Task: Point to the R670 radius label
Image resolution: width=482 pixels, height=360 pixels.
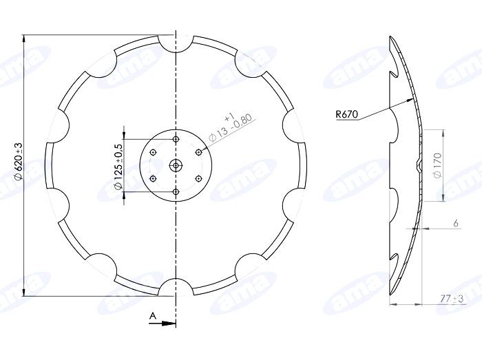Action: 346,115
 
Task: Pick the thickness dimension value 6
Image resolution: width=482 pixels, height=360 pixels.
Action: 456,223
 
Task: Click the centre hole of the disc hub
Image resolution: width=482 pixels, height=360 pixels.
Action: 176,165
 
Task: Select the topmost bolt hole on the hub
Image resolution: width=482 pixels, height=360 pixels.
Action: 176,140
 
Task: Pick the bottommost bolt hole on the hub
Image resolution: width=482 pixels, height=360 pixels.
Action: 176,191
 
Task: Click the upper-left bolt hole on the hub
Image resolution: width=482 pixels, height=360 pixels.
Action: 154,152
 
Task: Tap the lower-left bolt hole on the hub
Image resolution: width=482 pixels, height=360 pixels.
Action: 154,178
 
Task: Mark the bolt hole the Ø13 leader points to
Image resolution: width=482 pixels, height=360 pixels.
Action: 198,151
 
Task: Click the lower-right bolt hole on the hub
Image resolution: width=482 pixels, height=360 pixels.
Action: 198,178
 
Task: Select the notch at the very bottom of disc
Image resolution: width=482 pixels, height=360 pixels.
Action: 176,288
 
